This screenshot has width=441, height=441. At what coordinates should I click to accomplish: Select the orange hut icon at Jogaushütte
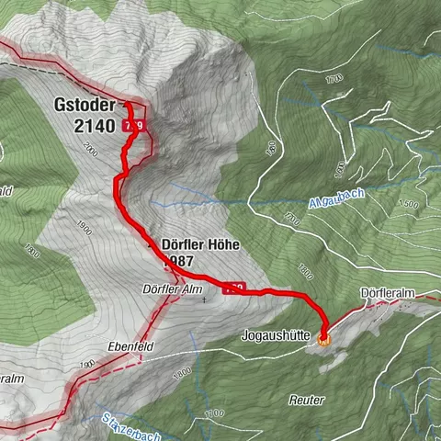pyautogui.click(x=323, y=339)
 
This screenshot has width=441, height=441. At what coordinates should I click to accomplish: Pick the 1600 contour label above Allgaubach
pyautogui.click(x=341, y=168)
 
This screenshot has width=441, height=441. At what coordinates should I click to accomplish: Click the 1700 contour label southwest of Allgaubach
pyautogui.click(x=290, y=220)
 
